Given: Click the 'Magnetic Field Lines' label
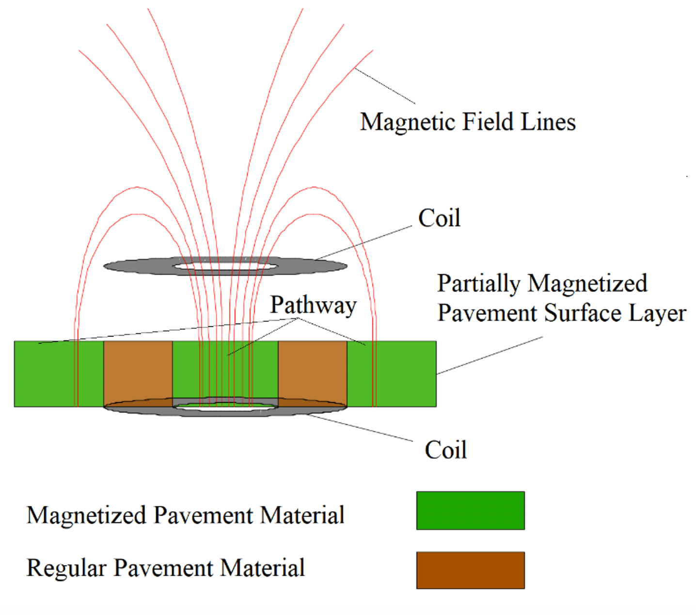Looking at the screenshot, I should click(x=467, y=121).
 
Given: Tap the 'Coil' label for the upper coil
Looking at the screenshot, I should click(x=439, y=218).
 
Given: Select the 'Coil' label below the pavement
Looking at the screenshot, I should click(x=445, y=450).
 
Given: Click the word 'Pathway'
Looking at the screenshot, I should click(x=313, y=306).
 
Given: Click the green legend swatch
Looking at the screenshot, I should click(x=470, y=510).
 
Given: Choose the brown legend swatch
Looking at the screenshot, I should click(x=470, y=570).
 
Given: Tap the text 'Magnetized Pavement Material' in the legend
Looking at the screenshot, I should click(x=185, y=515).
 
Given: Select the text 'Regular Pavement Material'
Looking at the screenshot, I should click(x=165, y=567).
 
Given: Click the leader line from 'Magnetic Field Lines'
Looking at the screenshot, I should click(x=385, y=86).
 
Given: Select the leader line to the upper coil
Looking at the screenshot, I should click(x=364, y=243).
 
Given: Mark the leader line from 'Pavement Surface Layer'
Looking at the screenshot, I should click(x=490, y=356).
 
